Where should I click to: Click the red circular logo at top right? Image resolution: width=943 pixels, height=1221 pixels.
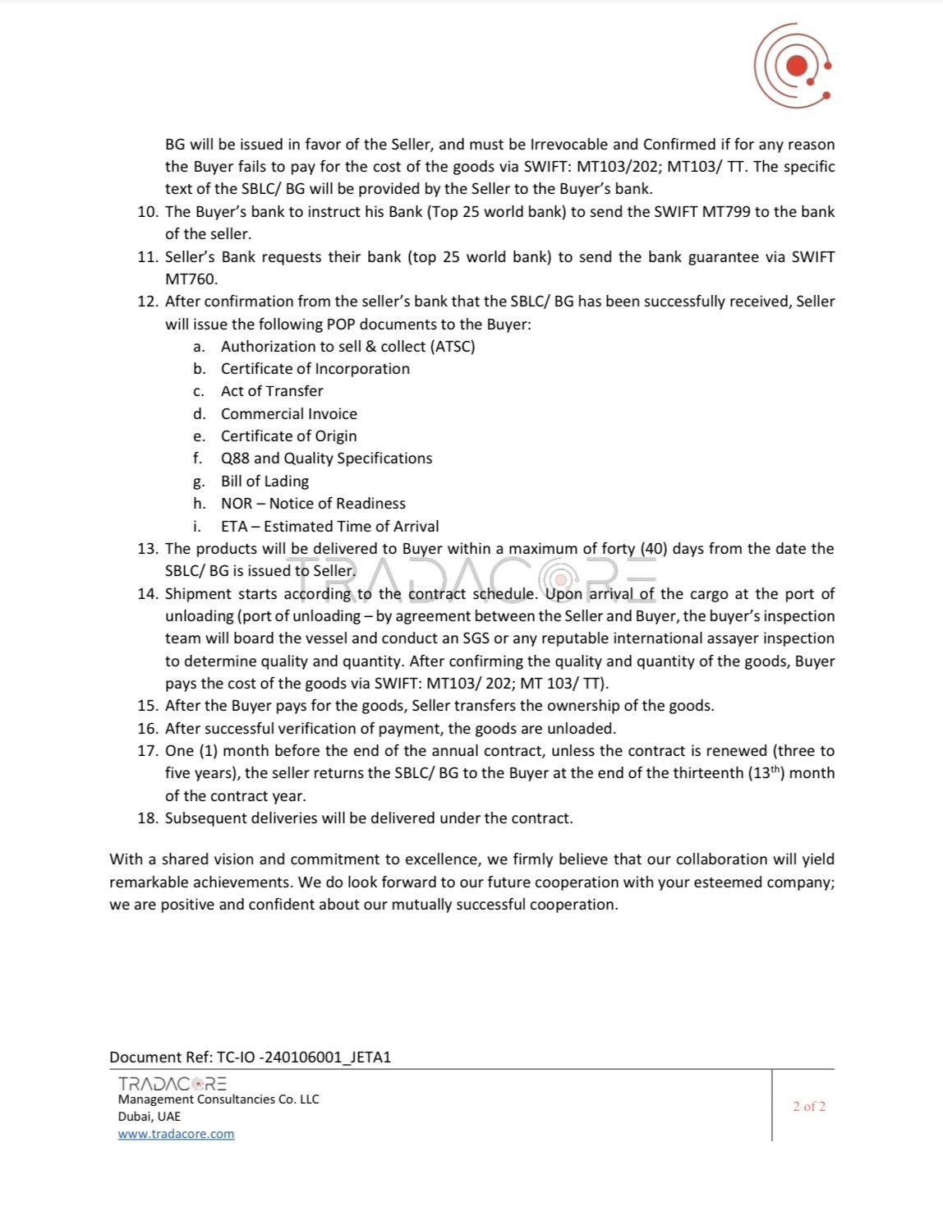click(x=793, y=66)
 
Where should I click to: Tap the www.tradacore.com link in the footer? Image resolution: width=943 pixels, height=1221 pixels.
click(x=176, y=1134)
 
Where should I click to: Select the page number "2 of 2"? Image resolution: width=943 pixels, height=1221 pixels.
click(x=809, y=1107)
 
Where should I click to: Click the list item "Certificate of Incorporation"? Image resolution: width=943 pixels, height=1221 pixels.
click(x=315, y=369)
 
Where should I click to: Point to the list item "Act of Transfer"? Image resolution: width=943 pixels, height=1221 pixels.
click(x=272, y=391)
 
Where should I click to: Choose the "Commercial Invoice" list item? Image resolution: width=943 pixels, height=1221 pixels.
click(x=288, y=413)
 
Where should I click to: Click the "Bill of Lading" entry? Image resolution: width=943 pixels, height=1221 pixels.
click(x=264, y=481)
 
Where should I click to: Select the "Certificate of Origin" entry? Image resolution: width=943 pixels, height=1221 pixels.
click(x=288, y=436)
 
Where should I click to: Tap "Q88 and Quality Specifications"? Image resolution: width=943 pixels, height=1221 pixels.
click(x=326, y=458)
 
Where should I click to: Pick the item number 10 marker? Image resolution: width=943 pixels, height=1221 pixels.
click(x=147, y=212)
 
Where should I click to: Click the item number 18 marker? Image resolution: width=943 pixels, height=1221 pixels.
click(x=147, y=818)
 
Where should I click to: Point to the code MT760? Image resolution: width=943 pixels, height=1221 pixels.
click(x=191, y=279)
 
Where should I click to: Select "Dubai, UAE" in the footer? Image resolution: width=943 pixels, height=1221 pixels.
click(x=149, y=1117)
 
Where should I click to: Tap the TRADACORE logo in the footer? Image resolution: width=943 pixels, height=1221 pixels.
click(x=172, y=1084)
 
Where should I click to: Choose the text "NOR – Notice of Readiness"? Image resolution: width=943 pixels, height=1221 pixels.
click(x=313, y=504)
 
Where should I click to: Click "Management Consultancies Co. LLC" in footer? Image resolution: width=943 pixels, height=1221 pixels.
click(x=218, y=1099)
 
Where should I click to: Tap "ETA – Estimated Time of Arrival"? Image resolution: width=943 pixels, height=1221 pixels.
click(x=329, y=527)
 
